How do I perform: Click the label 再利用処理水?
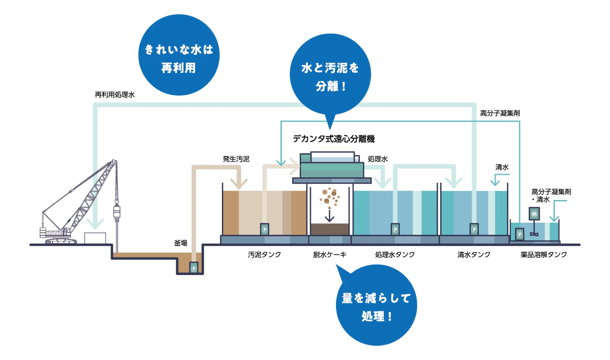(114, 95)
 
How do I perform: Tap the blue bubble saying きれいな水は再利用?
(179, 55)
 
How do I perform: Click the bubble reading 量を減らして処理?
(376, 305)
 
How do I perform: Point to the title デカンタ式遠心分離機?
(334, 139)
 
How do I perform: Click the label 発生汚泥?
(236, 159)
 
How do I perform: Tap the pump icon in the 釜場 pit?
(194, 268)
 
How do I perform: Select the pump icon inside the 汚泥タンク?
(264, 229)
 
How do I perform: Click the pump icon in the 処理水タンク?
(395, 229)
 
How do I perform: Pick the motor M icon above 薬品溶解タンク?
(534, 214)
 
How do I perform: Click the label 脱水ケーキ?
(330, 255)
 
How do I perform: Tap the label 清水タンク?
(474, 255)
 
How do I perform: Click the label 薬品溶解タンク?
(544, 255)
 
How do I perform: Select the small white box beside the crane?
(95, 238)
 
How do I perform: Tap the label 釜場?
(181, 243)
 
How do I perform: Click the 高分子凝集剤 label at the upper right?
(500, 113)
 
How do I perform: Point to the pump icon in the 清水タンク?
(474, 229)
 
